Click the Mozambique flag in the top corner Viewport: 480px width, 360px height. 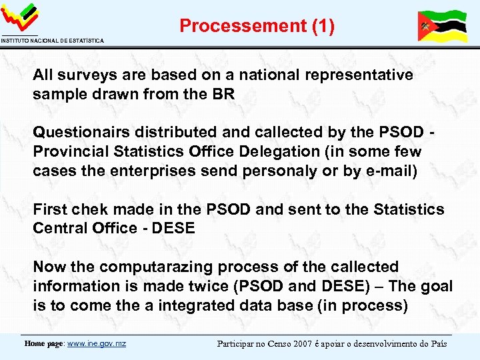pyautogui.click(x=441, y=26)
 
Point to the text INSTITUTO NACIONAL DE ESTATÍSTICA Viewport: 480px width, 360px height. pyautogui.click(x=52, y=41)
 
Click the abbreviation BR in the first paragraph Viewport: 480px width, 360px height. pyautogui.click(x=225, y=94)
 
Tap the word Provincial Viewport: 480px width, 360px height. pyautogui.click(x=72, y=151)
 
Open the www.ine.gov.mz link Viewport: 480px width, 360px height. pyautogui.click(x=97, y=343)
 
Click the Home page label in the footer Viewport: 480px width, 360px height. pyautogui.click(x=44, y=343)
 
